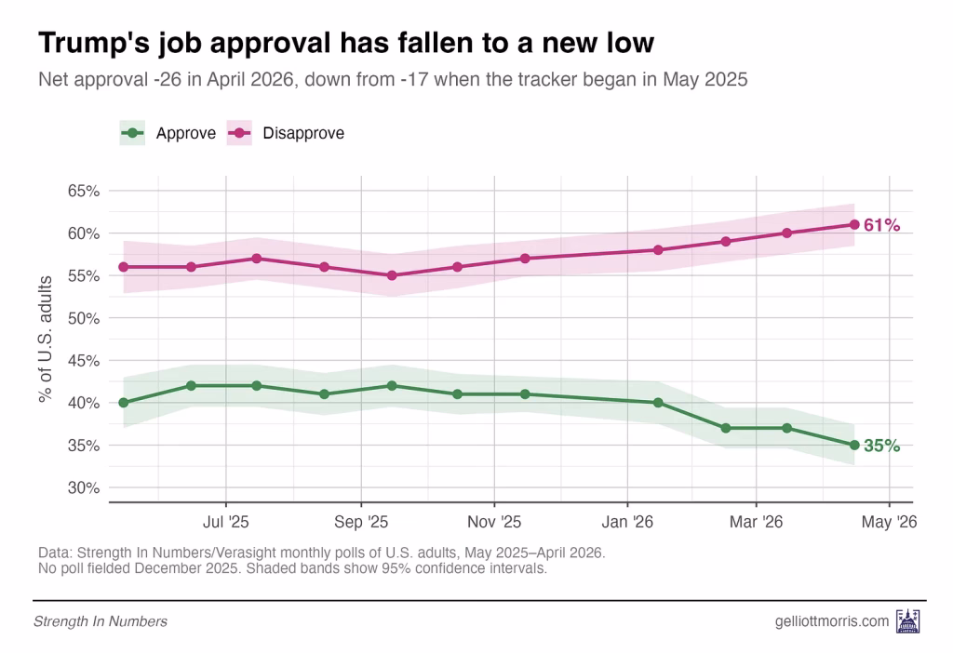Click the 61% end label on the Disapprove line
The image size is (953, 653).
[x=881, y=225]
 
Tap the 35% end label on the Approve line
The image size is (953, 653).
[x=881, y=446]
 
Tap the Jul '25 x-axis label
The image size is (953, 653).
[x=225, y=522]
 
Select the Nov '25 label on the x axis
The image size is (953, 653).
[x=494, y=522]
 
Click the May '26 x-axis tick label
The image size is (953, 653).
[x=889, y=522]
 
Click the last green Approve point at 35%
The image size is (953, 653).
[x=854, y=446]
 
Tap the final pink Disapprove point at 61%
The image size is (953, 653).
[x=854, y=224]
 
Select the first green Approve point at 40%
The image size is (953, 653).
[x=124, y=403]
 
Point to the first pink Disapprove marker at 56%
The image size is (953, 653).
[x=124, y=267]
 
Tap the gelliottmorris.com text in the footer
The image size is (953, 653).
[x=831, y=620]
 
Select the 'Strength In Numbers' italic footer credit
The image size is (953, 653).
[x=101, y=620]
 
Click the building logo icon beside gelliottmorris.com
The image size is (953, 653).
[x=906, y=620]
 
